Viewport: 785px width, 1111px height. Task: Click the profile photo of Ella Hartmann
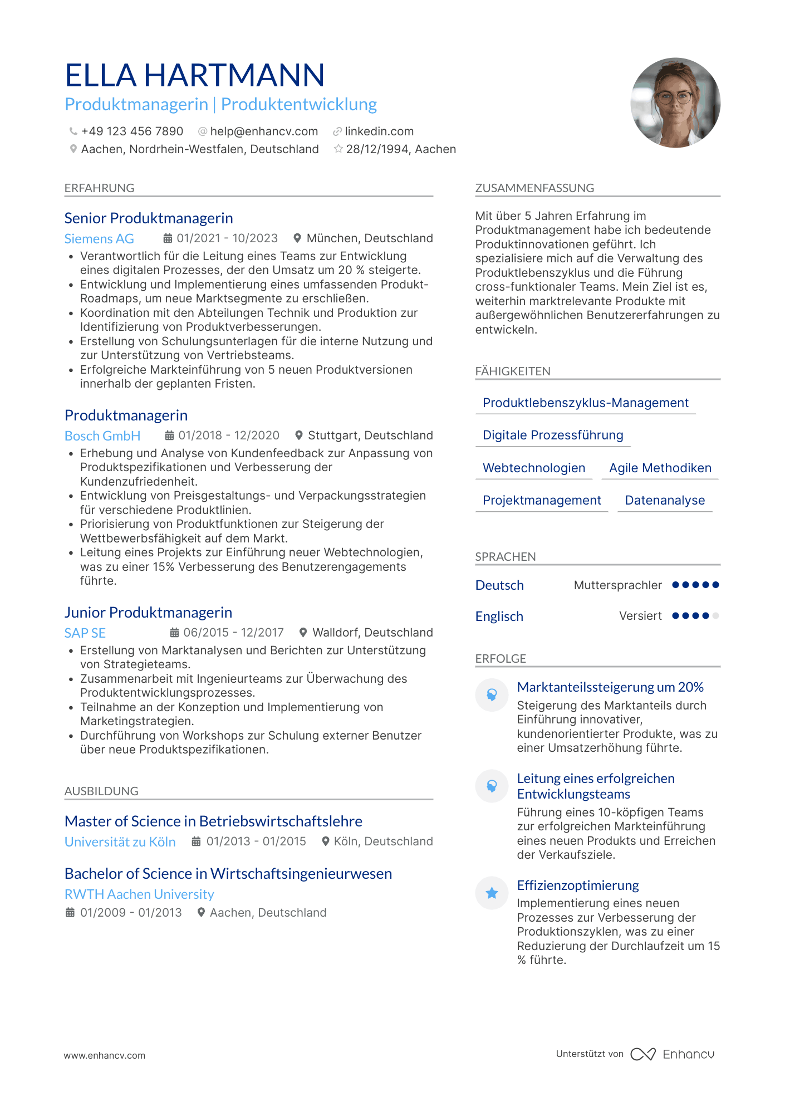click(x=675, y=103)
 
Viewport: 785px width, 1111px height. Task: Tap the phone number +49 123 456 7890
click(x=132, y=131)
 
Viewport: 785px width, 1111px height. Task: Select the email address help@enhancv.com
click(x=264, y=131)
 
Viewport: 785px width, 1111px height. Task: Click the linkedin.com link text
click(x=379, y=131)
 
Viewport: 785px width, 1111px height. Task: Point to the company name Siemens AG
click(x=99, y=239)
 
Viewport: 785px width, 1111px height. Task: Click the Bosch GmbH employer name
click(x=102, y=436)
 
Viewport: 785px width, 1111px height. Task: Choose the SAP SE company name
click(x=85, y=633)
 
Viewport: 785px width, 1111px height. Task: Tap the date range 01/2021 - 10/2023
click(x=227, y=238)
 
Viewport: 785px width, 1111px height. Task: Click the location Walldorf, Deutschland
click(x=372, y=633)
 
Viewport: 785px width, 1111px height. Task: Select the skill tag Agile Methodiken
click(x=660, y=468)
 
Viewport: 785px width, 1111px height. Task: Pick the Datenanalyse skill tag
click(x=665, y=500)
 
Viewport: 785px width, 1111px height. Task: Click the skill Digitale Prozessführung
click(x=553, y=435)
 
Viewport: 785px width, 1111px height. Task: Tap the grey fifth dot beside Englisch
click(x=716, y=616)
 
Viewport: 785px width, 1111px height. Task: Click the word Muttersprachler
click(x=617, y=585)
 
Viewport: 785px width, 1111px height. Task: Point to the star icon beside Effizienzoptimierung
click(x=492, y=893)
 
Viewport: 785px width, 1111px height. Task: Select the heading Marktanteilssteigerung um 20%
click(x=610, y=687)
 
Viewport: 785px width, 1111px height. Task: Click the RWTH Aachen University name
click(x=139, y=894)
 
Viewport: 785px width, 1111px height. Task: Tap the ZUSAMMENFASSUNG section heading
click(x=534, y=188)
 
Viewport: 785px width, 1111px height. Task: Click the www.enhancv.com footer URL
click(x=105, y=1055)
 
